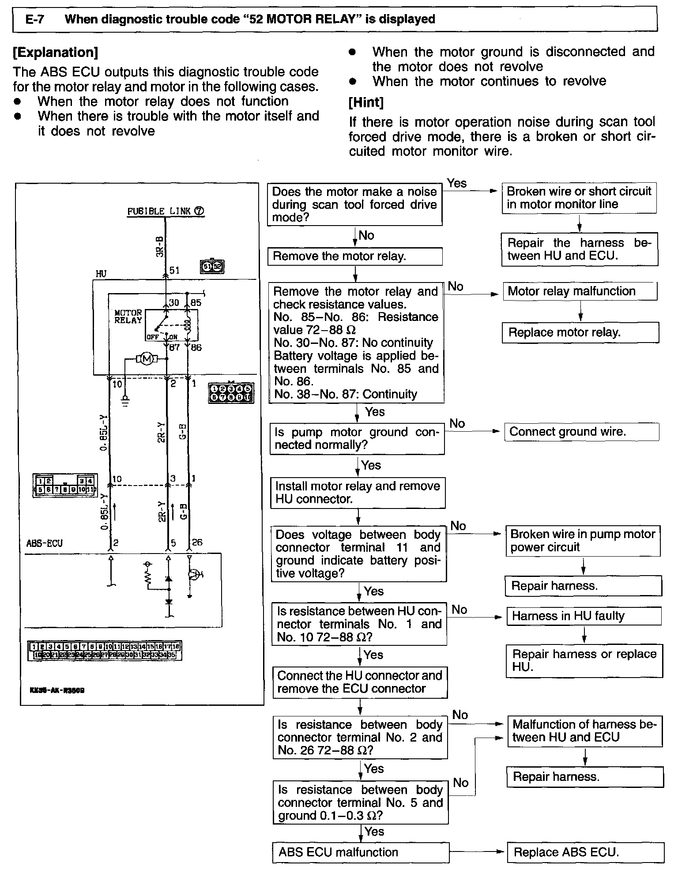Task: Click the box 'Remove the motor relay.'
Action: coord(354,256)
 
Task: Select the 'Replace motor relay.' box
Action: coord(580,332)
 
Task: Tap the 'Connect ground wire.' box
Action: coord(581,432)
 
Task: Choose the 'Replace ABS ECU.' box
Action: coord(585,852)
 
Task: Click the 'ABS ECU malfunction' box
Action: coord(360,852)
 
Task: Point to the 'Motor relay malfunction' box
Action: coord(580,291)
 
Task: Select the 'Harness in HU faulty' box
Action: coord(584,616)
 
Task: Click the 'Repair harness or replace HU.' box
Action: coord(584,660)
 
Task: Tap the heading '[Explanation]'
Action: coord(55,53)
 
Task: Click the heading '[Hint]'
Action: coord(366,102)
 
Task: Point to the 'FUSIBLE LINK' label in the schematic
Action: coord(159,211)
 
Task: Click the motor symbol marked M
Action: coord(147,359)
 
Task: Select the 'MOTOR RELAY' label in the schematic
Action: coord(128,316)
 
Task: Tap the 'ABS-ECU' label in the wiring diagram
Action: coord(44,543)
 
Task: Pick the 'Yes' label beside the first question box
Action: coord(456,183)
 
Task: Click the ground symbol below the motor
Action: coord(125,401)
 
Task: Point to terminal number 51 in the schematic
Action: coord(175,270)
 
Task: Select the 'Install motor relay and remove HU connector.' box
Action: coord(358,493)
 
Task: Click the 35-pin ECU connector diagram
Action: coord(105,651)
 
